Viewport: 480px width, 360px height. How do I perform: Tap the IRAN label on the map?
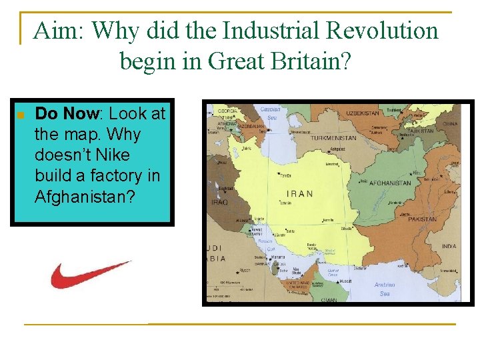coord(299,194)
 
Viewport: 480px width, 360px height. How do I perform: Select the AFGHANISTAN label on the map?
coord(390,183)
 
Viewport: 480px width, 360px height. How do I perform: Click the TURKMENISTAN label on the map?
coord(333,138)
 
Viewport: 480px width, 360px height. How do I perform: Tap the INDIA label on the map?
coord(449,246)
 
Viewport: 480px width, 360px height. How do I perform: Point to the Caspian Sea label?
coord(269,111)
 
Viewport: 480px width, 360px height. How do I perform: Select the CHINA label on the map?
coord(451,123)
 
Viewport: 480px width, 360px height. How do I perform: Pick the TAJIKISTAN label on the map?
coord(421,131)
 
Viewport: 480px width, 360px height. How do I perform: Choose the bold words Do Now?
coord(65,113)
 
